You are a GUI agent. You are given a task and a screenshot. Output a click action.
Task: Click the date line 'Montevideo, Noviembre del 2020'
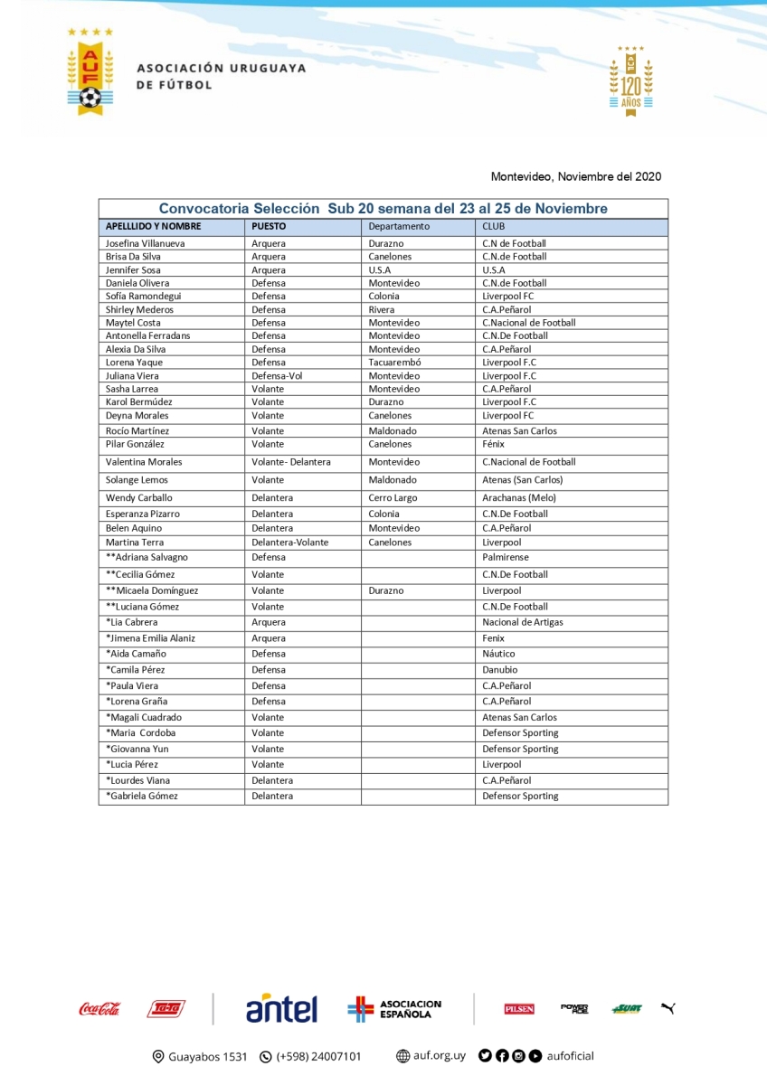(x=575, y=176)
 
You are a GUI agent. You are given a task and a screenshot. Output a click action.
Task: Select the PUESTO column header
(x=270, y=226)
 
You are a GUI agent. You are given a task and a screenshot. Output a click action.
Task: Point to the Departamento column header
(x=399, y=226)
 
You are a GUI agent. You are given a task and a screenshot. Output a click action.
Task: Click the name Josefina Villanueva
(x=147, y=243)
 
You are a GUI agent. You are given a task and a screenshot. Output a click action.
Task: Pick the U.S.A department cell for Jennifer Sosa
(x=380, y=269)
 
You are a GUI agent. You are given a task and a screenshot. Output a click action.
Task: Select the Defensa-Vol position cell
(x=277, y=375)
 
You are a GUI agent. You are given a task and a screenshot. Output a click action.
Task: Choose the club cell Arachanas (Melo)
(x=519, y=497)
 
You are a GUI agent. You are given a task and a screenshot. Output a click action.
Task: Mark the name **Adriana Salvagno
(x=147, y=557)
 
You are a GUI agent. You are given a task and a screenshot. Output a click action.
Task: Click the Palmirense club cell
(x=505, y=557)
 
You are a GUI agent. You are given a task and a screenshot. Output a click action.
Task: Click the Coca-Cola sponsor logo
(x=99, y=1009)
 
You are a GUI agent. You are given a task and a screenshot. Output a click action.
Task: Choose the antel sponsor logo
(x=281, y=1008)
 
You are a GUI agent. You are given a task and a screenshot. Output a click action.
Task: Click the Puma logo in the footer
(x=668, y=1008)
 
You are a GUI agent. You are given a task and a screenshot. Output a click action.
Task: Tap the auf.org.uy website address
(x=431, y=1056)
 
